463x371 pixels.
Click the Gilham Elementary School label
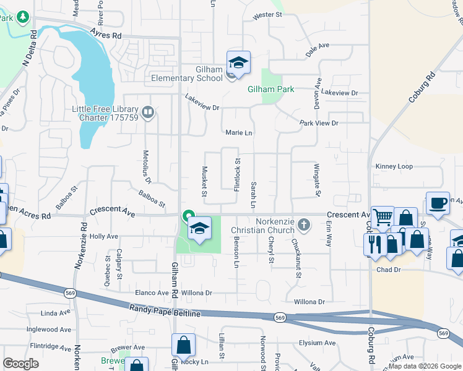click(187, 74)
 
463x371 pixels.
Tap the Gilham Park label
click(271, 90)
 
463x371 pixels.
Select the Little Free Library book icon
click(148, 113)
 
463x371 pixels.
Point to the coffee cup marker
click(438, 203)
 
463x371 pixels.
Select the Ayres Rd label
click(106, 35)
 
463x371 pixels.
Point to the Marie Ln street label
click(239, 133)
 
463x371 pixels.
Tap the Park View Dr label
click(319, 123)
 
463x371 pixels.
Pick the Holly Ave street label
click(103, 236)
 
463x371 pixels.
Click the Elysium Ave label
click(316, 343)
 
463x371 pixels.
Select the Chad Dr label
click(389, 270)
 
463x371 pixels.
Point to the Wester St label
click(267, 14)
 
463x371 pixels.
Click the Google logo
click(20, 364)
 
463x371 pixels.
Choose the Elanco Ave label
click(152, 292)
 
